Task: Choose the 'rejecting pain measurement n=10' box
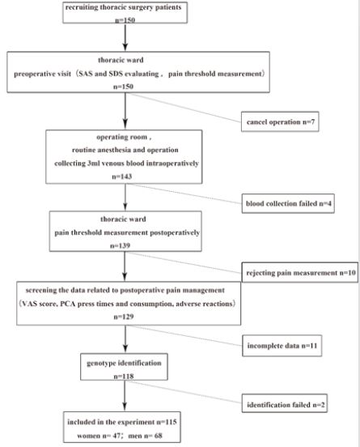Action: pyautogui.click(x=299, y=273)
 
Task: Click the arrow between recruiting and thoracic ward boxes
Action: pyautogui.click(x=122, y=40)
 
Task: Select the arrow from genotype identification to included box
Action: pyautogui.click(x=122, y=402)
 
